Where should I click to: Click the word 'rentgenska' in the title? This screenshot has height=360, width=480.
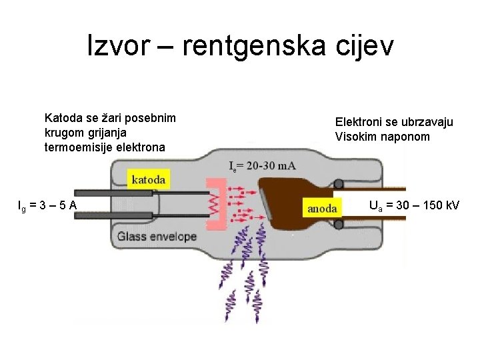tap(254, 46)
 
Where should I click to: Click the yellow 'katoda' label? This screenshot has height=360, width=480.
tap(149, 178)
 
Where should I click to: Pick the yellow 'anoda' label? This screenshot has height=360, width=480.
tap(322, 208)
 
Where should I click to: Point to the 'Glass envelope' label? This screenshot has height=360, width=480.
tap(157, 236)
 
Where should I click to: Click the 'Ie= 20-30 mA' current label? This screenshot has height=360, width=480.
tap(262, 166)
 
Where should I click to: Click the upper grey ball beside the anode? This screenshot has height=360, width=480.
tap(339, 183)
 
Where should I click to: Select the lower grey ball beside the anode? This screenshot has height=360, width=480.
tap(339, 225)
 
